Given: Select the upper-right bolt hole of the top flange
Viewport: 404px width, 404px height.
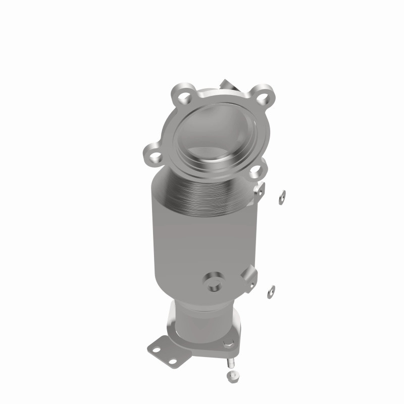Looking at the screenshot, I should [260, 94].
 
